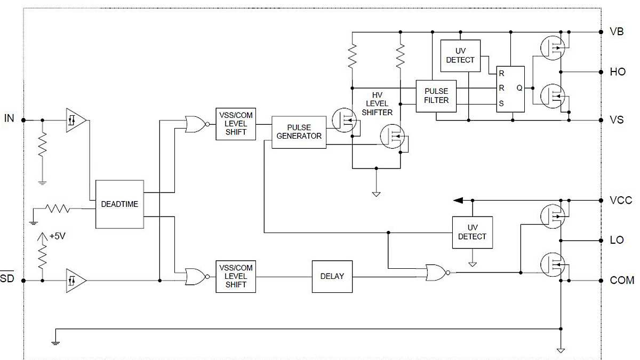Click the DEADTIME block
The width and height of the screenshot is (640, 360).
[x=119, y=204]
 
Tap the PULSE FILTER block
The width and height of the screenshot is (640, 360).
[x=436, y=96]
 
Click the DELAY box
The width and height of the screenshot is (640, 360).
[x=332, y=276]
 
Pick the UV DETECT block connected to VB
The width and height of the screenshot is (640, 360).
[x=460, y=56]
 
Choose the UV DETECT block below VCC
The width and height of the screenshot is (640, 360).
[x=472, y=233]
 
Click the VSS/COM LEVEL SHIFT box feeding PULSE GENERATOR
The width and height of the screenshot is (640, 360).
[x=236, y=124]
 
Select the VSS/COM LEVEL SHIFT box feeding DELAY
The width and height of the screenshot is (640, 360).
[x=236, y=276]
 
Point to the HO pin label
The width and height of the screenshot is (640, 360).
[x=618, y=71]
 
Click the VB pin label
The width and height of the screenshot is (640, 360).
[x=617, y=31]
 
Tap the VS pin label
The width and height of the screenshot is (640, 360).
[x=617, y=120]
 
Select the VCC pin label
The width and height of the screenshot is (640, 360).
[x=621, y=201]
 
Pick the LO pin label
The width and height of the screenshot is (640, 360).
[x=617, y=240]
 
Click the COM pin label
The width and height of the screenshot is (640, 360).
[x=622, y=280]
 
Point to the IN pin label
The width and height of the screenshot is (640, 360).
[x=9, y=118]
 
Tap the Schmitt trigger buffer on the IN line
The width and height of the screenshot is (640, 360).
[x=75, y=120]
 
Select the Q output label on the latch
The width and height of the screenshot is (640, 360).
[x=518, y=89]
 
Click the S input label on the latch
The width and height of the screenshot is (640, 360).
[x=501, y=104]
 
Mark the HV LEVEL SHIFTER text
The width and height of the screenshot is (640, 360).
[x=377, y=103]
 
